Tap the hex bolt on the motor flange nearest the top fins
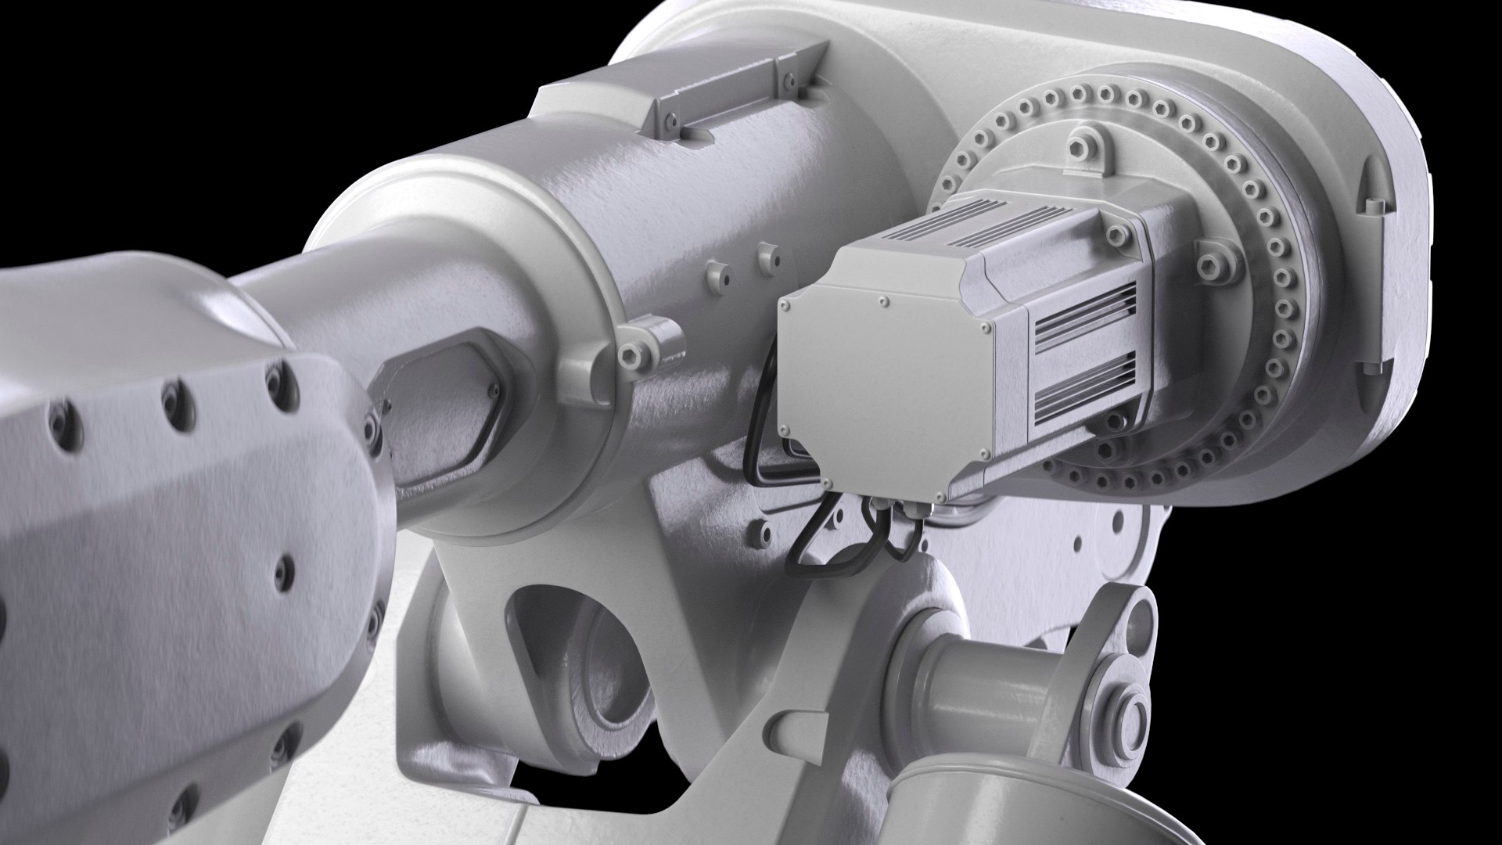click(1114, 232)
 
